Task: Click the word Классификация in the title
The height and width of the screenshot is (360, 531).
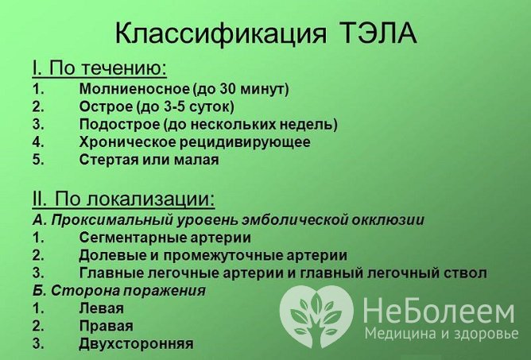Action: tap(219, 34)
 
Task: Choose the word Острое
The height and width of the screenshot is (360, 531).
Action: tap(104, 106)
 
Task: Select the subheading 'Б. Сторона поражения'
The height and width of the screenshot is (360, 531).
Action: tap(119, 291)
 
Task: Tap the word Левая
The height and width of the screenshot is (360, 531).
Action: tap(101, 308)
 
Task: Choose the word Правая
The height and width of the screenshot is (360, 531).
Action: tap(106, 326)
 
